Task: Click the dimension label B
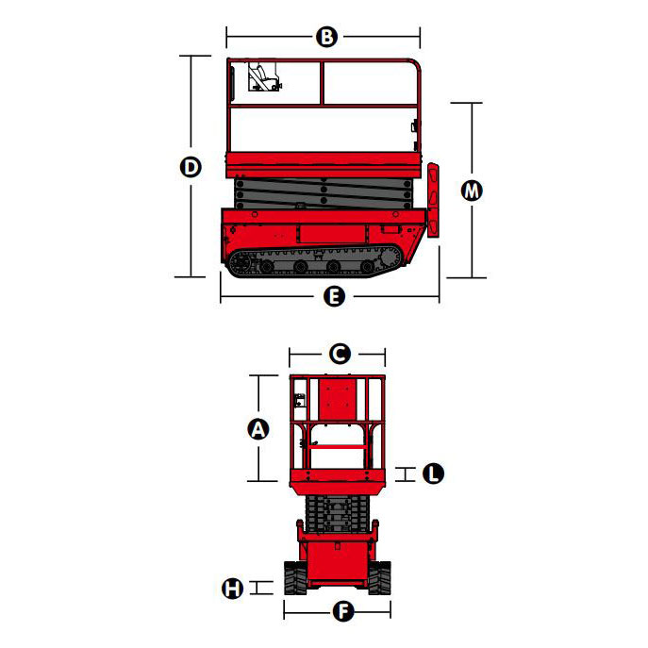326,37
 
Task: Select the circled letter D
191,167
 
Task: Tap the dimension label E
334,296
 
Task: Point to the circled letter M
472,191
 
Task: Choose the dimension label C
340,354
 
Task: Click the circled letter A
258,429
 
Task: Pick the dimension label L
434,474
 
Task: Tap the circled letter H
233,588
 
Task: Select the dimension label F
343,611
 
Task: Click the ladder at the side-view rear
433,200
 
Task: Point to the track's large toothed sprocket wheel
390,258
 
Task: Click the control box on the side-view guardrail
264,76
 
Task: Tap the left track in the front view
295,578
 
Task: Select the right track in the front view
379,578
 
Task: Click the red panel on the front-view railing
338,399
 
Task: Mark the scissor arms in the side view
324,192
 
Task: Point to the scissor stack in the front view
338,514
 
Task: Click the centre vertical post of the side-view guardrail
322,83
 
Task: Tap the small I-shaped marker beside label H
261,588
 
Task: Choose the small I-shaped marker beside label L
406,474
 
